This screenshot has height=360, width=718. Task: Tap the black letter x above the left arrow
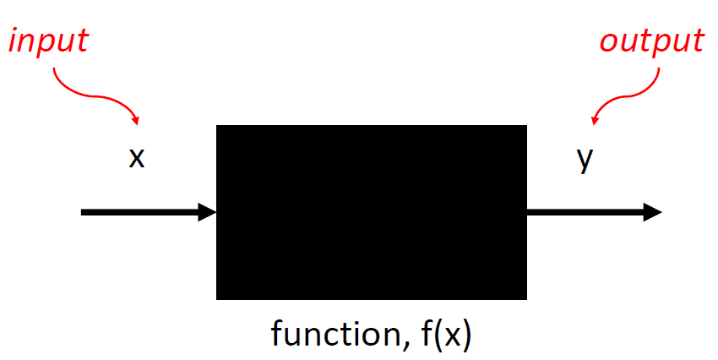point(137,157)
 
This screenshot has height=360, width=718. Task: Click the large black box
point(372,211)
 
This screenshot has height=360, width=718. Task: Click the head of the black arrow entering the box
point(208,212)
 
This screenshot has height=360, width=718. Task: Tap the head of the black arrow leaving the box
point(652,212)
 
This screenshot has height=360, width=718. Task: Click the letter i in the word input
point(14,41)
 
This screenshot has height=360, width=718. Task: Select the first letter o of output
point(609,41)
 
